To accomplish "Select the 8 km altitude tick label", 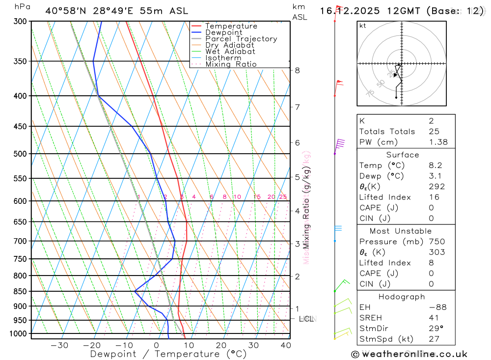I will (x=298, y=70).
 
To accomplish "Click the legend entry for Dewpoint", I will (x=223, y=32).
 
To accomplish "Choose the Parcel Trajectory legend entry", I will (x=241, y=39).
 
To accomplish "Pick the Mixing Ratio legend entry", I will (x=231, y=64).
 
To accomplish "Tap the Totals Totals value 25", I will (x=434, y=131).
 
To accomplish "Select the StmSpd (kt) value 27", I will (x=434, y=339).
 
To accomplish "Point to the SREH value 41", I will (x=434, y=318).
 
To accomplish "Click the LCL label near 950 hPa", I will (x=307, y=319).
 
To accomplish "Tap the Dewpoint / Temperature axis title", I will (x=168, y=354).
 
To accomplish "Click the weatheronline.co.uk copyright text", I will (x=409, y=354).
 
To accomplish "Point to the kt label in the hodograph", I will (x=363, y=26).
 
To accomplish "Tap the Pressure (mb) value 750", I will (x=436, y=242).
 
